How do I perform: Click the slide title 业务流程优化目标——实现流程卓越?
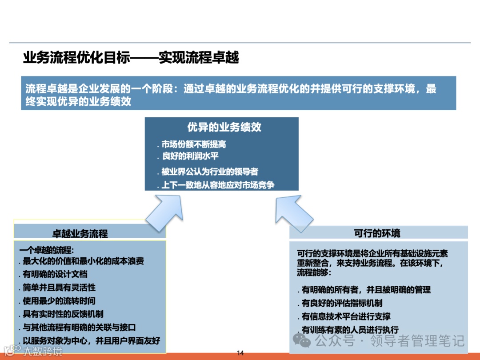[131, 58]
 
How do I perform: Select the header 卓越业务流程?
[80, 233]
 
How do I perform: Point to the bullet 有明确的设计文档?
[55, 274]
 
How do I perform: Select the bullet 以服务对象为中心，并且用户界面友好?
[91, 341]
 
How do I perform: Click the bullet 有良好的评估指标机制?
[342, 303]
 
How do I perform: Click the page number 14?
[240, 353]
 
